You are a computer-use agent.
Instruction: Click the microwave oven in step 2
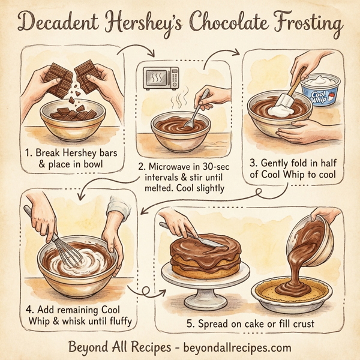click(161, 79)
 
